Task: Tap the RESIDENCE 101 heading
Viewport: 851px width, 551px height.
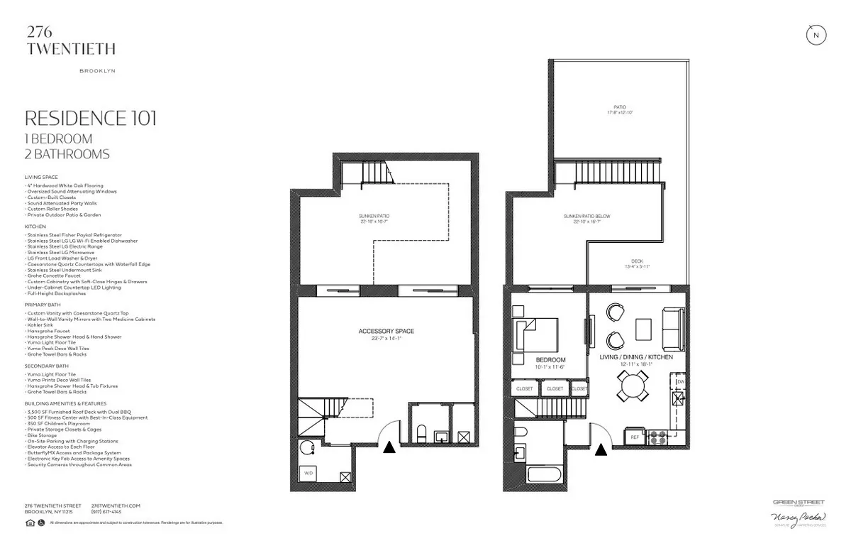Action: [90, 118]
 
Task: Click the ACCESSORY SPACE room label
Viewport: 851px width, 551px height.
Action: [386, 332]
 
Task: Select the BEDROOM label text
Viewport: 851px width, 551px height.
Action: [549, 359]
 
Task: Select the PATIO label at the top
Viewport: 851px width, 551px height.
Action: [620, 107]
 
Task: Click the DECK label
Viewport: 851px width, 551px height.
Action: [637, 261]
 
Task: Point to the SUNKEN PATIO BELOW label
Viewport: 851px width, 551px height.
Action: [587, 216]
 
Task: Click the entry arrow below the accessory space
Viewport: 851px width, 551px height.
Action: [389, 447]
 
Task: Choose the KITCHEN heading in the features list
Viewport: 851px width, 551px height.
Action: [34, 227]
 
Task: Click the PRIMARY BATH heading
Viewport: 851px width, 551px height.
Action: [39, 305]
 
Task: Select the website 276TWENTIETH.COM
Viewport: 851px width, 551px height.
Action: [116, 506]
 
